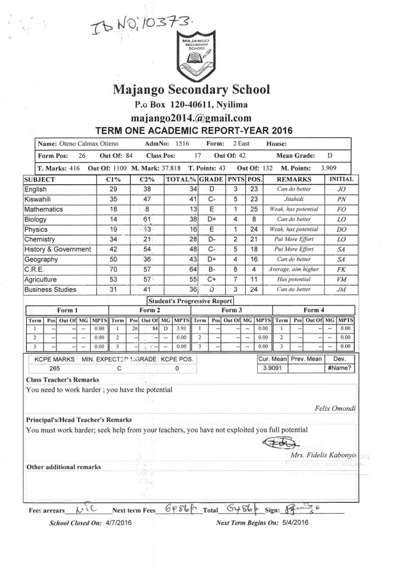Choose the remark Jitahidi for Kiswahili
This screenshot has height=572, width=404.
tap(293, 199)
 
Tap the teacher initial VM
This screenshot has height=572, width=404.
tap(342, 280)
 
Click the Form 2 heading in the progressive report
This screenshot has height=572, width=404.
tap(150, 310)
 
